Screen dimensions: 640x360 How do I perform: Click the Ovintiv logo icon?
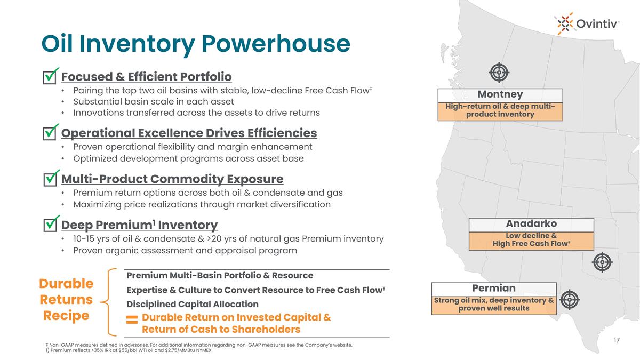(x=565, y=23)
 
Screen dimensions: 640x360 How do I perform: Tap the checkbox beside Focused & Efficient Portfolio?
(x=50, y=77)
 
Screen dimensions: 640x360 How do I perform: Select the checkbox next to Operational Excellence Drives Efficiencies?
(x=50, y=133)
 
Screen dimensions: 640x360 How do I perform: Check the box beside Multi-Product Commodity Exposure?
(x=50, y=179)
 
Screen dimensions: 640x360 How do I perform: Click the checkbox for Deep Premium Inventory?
(x=50, y=225)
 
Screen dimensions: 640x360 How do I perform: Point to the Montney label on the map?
(x=500, y=94)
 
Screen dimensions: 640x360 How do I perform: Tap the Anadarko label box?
(x=531, y=234)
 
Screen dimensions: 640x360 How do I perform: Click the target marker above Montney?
(x=499, y=73)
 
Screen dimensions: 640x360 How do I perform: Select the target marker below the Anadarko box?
(x=602, y=262)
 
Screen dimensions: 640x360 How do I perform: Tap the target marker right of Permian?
(x=570, y=300)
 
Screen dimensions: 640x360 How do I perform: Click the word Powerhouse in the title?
(x=276, y=44)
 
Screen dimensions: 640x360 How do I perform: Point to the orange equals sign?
(x=132, y=319)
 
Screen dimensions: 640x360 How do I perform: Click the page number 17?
(x=617, y=340)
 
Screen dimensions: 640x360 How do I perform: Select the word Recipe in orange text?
(x=66, y=316)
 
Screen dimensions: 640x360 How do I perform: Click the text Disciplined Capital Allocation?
(x=193, y=304)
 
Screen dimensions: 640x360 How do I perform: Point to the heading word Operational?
(x=98, y=133)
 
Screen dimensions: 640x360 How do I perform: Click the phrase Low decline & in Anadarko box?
(x=531, y=236)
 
